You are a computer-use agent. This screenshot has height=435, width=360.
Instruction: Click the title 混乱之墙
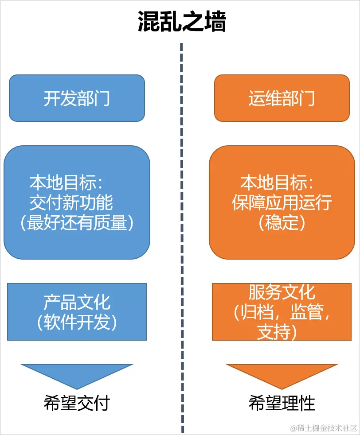pyautogui.click(x=181, y=21)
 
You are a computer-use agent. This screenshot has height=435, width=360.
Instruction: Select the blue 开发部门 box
pyautogui.click(x=77, y=98)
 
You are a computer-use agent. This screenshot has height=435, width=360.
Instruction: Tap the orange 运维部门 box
pyautogui.click(x=282, y=98)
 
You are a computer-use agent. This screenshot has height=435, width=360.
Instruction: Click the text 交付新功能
pyautogui.click(x=71, y=203)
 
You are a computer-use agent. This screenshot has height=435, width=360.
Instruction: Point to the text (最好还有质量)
pyautogui.click(x=77, y=223)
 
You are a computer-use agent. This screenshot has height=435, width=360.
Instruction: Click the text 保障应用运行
pyautogui.click(x=282, y=203)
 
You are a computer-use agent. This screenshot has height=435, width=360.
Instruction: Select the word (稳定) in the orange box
pyautogui.click(x=282, y=223)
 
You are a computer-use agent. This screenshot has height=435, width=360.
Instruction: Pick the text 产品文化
pyautogui.click(x=77, y=303)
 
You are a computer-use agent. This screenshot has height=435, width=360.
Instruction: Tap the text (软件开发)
pyautogui.click(x=77, y=322)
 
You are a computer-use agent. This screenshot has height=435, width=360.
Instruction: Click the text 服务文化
pyautogui.click(x=282, y=292)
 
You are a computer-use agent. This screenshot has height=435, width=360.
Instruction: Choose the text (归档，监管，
pyautogui.click(x=282, y=312)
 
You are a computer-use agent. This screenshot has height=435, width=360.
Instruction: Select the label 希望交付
pyautogui.click(x=77, y=403)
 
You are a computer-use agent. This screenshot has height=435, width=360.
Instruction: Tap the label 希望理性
pyautogui.click(x=282, y=403)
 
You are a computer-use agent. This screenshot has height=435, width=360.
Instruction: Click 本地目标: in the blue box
pyautogui.click(x=67, y=183)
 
